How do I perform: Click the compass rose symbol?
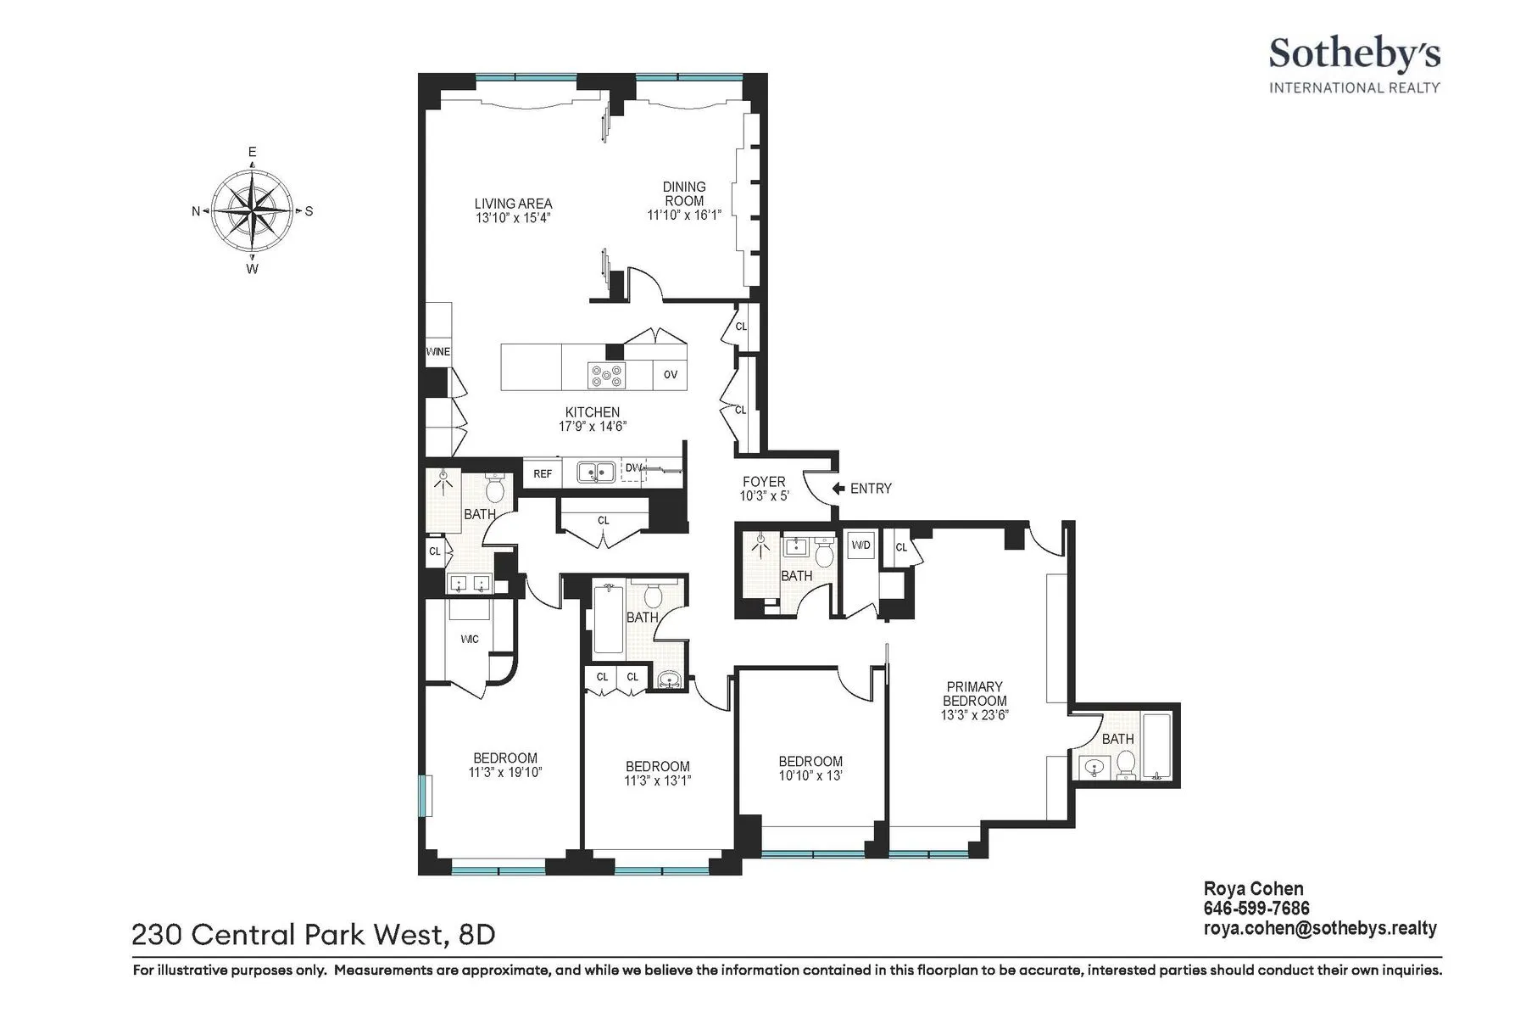pos(253,210)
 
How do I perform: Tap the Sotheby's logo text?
pos(1353,54)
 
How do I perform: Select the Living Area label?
pos(513,204)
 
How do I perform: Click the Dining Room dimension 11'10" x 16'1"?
pos(683,215)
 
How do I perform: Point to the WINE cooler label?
pos(437,352)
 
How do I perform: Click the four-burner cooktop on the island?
pos(607,374)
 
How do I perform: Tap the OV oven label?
pos(670,374)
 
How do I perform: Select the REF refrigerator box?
pos(543,473)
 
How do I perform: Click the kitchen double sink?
pos(596,472)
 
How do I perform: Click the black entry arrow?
pos(838,488)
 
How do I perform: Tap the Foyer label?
pos(764,481)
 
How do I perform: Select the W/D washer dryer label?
pos(860,545)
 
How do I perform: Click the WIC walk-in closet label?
pos(469,639)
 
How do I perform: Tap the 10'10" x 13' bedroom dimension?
pos(810,775)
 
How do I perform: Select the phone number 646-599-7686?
pos(1256,909)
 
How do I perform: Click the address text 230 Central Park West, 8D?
pos(313,935)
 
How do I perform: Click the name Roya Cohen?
pos(1253,890)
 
